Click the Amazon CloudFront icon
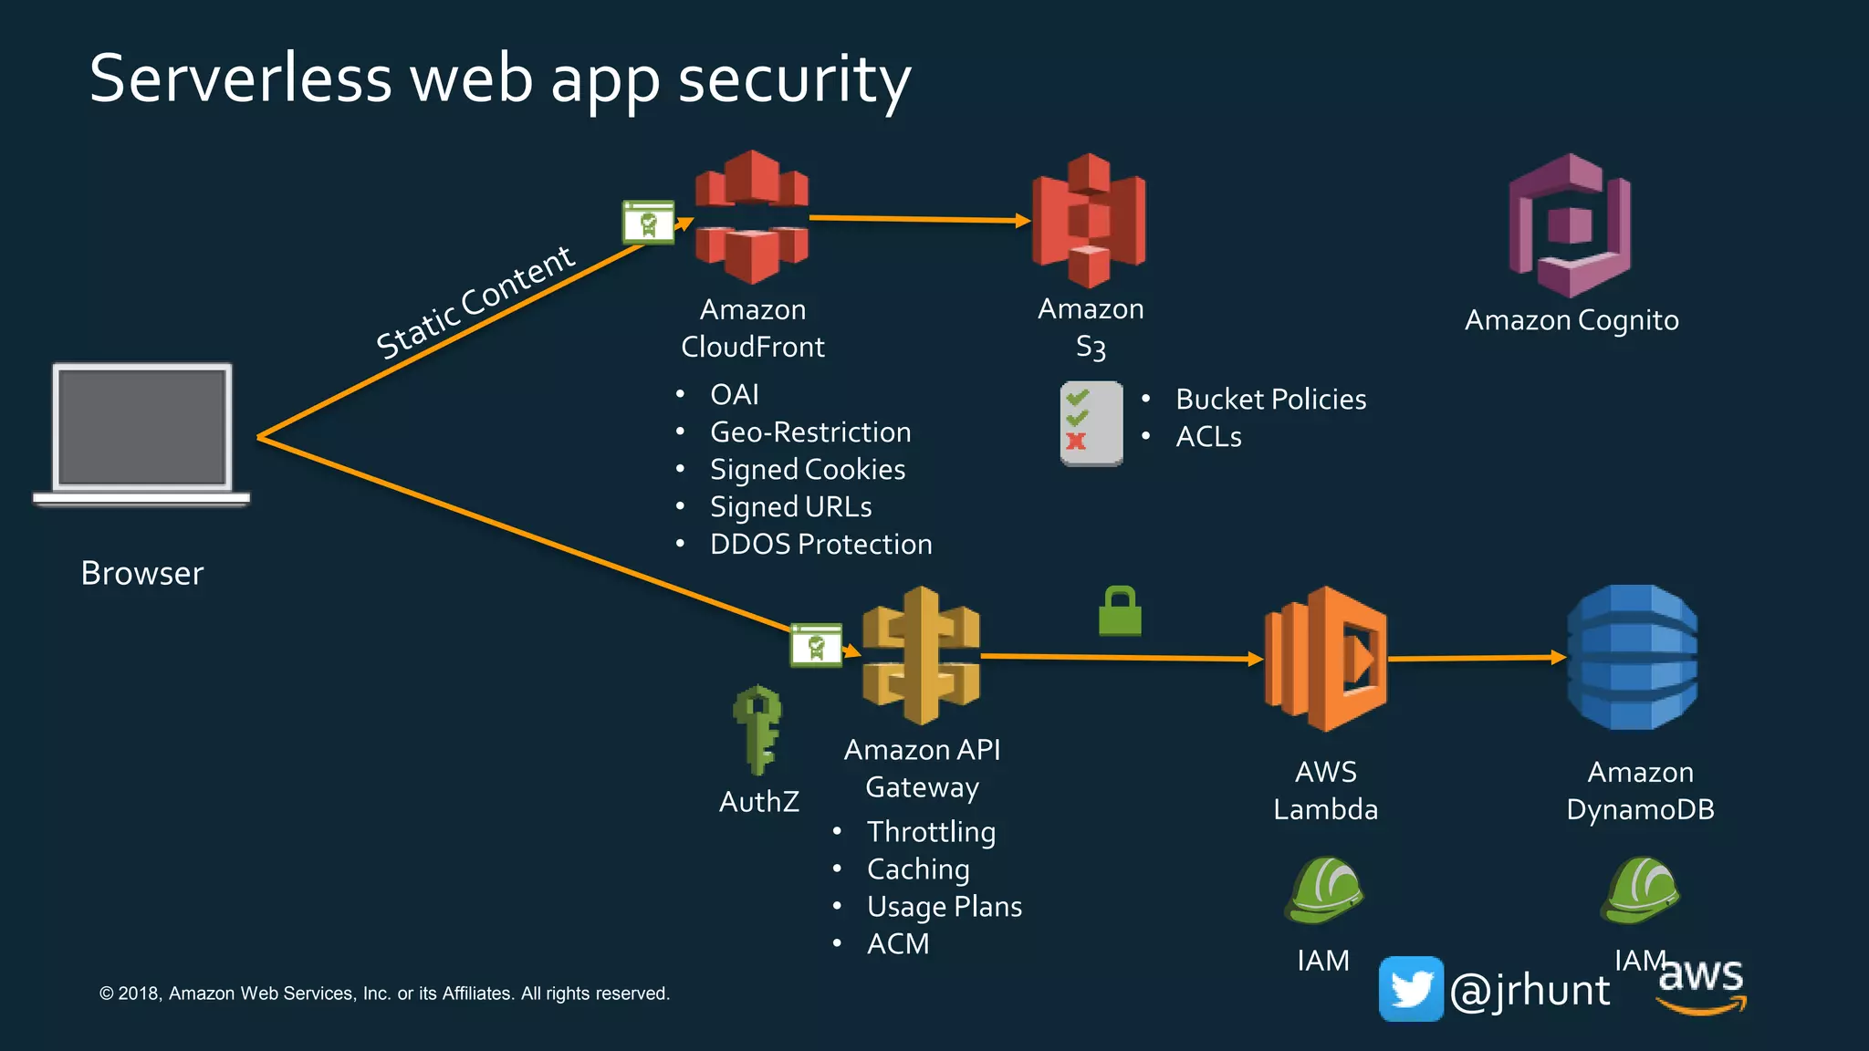(x=751, y=217)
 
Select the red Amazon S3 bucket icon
(x=1089, y=220)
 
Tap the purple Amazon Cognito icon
(x=1570, y=225)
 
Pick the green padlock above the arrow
(x=1120, y=612)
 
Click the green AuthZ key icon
(x=757, y=730)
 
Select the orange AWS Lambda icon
(x=1326, y=658)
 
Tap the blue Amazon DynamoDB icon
(x=1633, y=657)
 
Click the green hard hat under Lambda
(x=1324, y=890)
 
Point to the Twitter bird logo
(x=1411, y=989)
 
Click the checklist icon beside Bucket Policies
(x=1091, y=423)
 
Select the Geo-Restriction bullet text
(x=810, y=432)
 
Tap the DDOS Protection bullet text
(x=820, y=545)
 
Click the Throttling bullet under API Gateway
(x=931, y=832)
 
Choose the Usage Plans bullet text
(x=944, y=907)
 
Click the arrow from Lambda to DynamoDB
(x=1477, y=658)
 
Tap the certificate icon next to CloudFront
(x=648, y=223)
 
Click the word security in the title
(x=794, y=80)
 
